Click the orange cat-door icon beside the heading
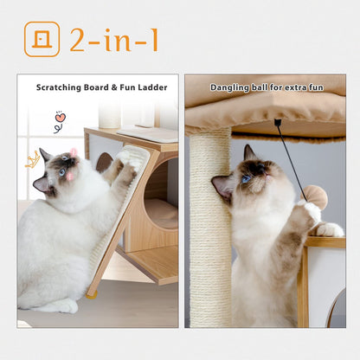42,40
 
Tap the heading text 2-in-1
114,40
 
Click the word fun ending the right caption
314,87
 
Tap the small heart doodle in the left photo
60,117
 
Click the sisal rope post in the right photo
209,234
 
